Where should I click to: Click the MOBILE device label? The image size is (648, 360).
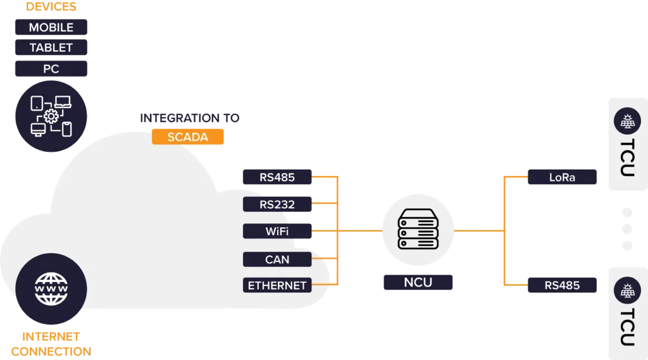coord(51,28)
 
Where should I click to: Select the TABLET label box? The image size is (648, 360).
coord(51,48)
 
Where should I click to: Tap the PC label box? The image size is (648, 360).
coord(51,69)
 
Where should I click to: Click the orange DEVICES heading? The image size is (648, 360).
coord(51,7)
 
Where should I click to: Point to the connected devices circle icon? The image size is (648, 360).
coord(51,116)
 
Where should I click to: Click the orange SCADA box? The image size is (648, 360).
coord(188,137)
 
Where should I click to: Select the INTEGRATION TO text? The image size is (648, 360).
coord(190,118)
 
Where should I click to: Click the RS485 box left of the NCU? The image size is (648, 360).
coord(277,177)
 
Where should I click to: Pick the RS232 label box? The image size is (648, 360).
coord(277,204)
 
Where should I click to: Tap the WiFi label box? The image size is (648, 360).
coord(277,232)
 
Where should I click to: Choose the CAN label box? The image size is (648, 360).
coord(277,259)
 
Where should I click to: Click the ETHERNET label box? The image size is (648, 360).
coord(277,285)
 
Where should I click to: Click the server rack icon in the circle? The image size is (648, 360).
coord(417,230)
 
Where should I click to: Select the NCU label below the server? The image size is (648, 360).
coord(418,282)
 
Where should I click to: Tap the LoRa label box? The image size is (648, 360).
coord(562,177)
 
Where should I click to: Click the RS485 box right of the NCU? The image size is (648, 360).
coord(562,285)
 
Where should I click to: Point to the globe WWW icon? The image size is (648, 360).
coord(51,288)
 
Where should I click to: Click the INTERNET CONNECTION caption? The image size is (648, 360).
coord(51,344)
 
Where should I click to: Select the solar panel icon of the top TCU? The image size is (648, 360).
coord(627,122)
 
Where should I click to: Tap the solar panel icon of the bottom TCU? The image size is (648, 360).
coord(627,291)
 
